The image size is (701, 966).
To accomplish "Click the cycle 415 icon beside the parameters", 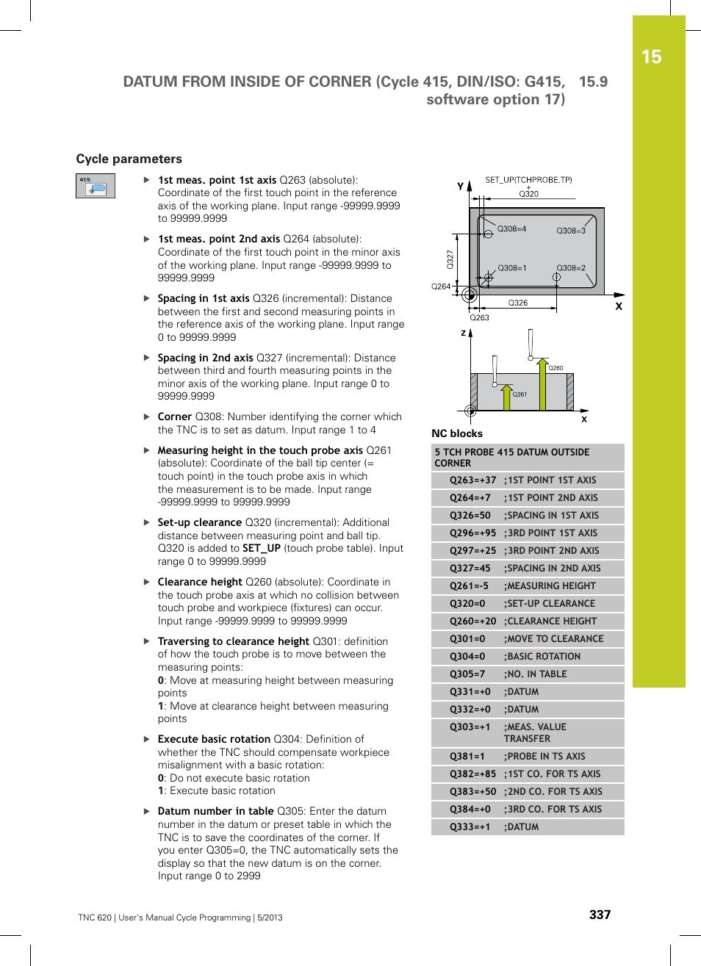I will tap(96, 186).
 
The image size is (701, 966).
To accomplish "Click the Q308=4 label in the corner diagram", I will tap(511, 229).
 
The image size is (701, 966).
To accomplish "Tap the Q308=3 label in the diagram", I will tap(571, 231).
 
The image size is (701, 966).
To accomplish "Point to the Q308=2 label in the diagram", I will tap(571, 268).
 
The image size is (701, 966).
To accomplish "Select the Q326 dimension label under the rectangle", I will tap(518, 303).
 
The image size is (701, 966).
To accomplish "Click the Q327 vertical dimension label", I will tap(450, 259).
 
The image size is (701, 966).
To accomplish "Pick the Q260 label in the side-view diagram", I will tap(556, 368).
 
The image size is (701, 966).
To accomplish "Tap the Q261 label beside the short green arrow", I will tap(520, 394).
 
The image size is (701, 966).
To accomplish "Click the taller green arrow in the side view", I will tap(542, 385).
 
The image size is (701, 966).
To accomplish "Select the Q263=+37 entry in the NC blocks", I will tap(472, 480).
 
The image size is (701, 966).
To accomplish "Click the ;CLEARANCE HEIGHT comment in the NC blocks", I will tap(550, 621).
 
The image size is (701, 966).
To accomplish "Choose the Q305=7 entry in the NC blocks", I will tap(467, 674).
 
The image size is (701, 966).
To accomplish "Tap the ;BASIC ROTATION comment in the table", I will tap(542, 657).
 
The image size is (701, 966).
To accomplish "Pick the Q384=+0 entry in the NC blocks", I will tap(470, 810).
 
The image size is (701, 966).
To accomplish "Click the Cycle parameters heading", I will tap(129, 159).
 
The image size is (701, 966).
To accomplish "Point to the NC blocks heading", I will tap(457, 433).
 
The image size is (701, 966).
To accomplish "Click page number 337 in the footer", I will tap(600, 915).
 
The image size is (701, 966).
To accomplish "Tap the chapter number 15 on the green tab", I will tap(651, 57).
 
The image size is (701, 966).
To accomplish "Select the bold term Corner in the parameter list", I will tap(174, 417).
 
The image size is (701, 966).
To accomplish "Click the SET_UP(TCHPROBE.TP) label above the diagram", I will tap(528, 180).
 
